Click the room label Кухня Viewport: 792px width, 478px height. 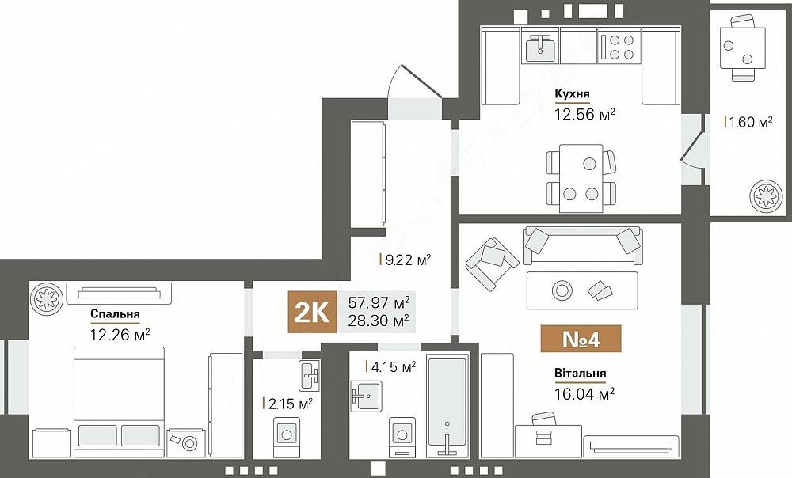pyautogui.click(x=572, y=94)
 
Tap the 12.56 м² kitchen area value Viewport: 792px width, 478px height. pyautogui.click(x=585, y=114)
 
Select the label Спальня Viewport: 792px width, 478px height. pyautogui.click(x=115, y=313)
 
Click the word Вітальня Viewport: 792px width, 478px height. pyautogui.click(x=581, y=374)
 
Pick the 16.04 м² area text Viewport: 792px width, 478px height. pyautogui.click(x=584, y=393)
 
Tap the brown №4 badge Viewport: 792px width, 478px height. pyautogui.click(x=581, y=338)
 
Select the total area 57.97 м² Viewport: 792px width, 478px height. pyautogui.click(x=379, y=302)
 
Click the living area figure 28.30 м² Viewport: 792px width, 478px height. pyautogui.click(x=379, y=321)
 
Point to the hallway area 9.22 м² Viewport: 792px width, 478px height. pyautogui.click(x=407, y=259)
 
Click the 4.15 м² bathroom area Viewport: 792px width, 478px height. pyautogui.click(x=393, y=366)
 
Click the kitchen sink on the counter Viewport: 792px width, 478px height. pyautogui.click(x=540, y=47)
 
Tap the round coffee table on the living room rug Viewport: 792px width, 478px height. pyautogui.click(x=562, y=290)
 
